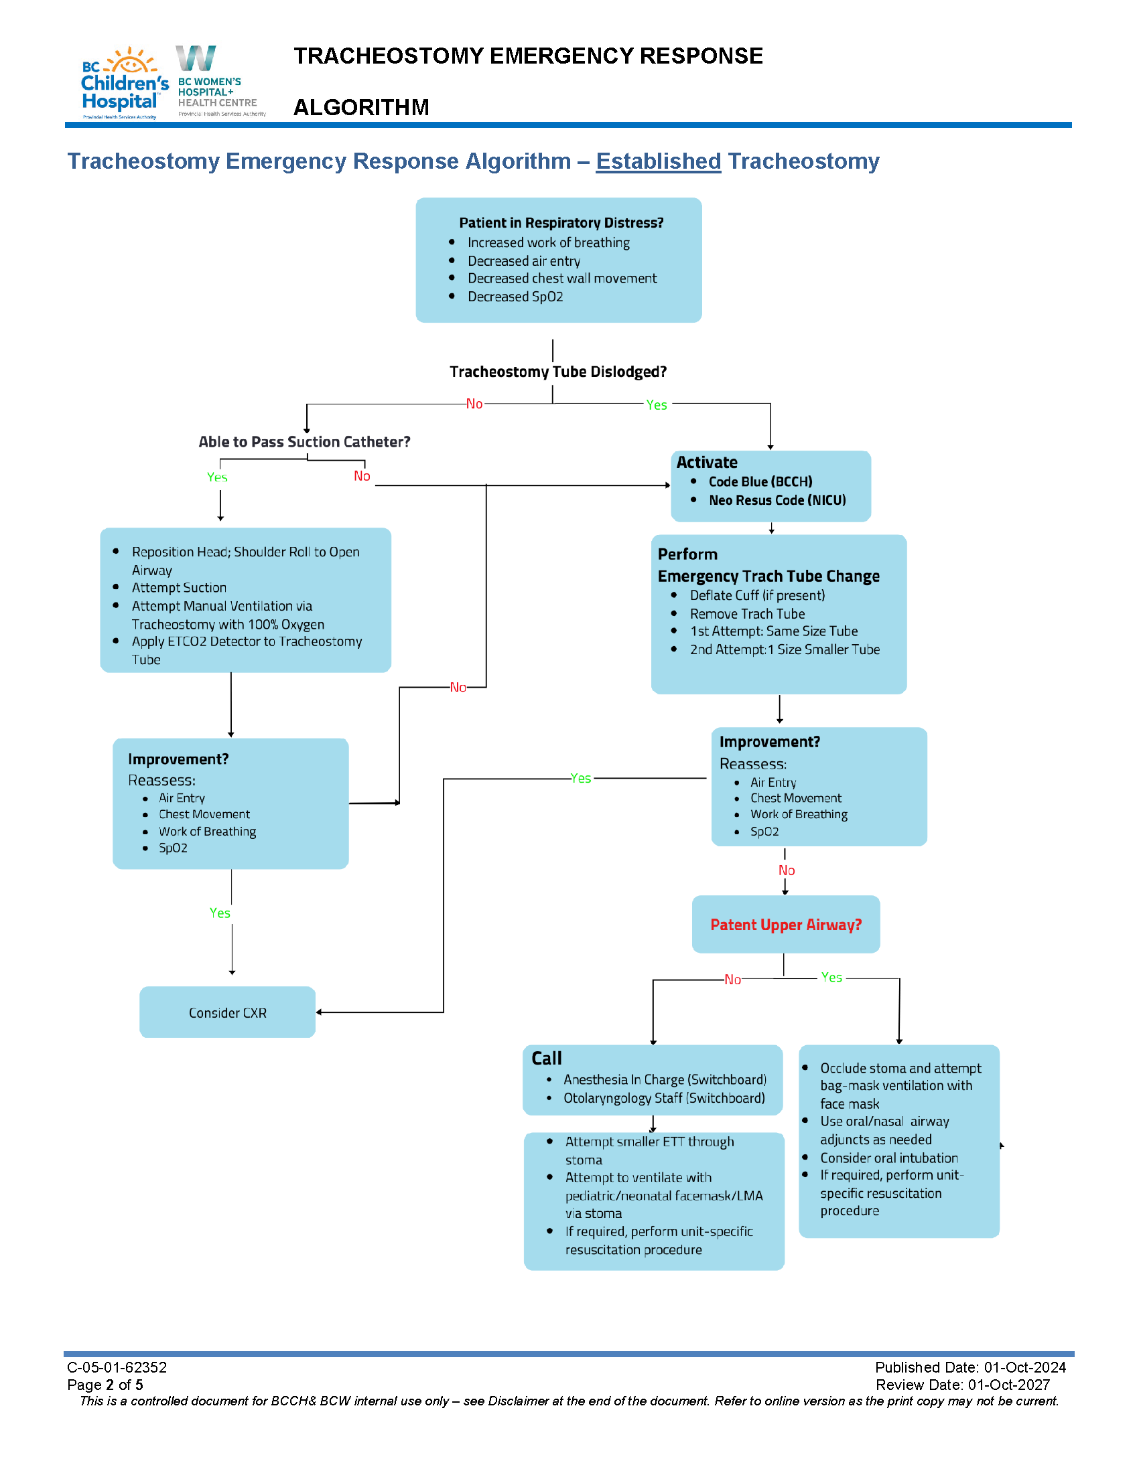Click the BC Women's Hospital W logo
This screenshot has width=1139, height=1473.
[x=196, y=59]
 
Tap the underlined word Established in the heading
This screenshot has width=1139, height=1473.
[x=658, y=161]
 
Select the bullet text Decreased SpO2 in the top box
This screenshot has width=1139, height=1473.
[x=515, y=297]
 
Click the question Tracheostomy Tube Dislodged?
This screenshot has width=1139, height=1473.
[x=558, y=372]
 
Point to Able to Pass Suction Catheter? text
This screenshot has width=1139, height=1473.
[x=304, y=442]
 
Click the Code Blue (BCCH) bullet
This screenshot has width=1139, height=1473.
[x=760, y=481]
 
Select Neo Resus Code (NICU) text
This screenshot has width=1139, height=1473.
[x=777, y=499]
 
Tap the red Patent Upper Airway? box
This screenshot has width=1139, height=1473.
[x=785, y=925]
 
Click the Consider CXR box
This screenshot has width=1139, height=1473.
[x=227, y=1013]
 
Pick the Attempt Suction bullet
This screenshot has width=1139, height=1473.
[x=179, y=587]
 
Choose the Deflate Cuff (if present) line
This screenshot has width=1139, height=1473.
[x=757, y=595]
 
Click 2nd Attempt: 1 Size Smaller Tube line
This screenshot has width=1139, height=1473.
[x=784, y=649]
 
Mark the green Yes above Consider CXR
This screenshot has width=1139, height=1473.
[x=220, y=913]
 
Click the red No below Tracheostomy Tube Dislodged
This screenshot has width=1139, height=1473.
[x=474, y=404]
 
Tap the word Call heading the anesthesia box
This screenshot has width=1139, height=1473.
[x=546, y=1058]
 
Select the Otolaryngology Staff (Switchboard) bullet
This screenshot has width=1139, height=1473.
[x=664, y=1098]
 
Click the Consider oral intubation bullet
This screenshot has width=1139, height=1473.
[x=888, y=1158]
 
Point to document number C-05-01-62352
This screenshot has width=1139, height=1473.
[x=117, y=1367]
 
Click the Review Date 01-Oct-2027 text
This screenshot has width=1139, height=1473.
[x=962, y=1385]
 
